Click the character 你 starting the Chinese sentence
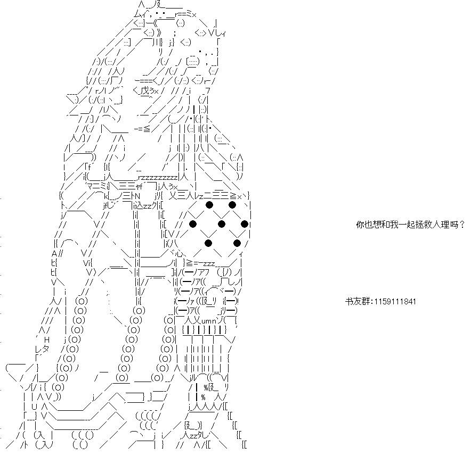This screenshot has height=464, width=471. pyautogui.click(x=360, y=225)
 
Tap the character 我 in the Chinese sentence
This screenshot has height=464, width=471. pyautogui.click(x=394, y=225)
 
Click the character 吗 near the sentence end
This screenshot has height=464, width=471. pyautogui.click(x=454, y=225)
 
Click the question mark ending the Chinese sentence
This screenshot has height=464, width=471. pyautogui.click(x=462, y=225)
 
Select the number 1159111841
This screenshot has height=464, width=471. pyautogui.click(x=395, y=301)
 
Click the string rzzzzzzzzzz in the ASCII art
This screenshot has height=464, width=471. pyautogui.click(x=158, y=177)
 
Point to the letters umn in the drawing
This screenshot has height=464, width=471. pyautogui.click(x=208, y=321)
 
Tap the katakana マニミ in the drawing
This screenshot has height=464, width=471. pyautogui.click(x=95, y=187)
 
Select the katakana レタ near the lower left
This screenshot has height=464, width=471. pyautogui.click(x=42, y=349)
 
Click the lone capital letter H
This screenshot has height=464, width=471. pyautogui.click(x=46, y=339)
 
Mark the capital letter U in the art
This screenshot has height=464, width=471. pyautogui.click(x=34, y=407)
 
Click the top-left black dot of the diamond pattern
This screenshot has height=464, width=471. pyautogui.click(x=209, y=205)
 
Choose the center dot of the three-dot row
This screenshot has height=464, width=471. pyautogui.click(x=222, y=223)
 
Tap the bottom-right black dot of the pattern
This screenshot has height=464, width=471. pyautogui.click(x=237, y=243)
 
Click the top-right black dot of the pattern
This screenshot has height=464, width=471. pyautogui.click(x=232, y=205)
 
